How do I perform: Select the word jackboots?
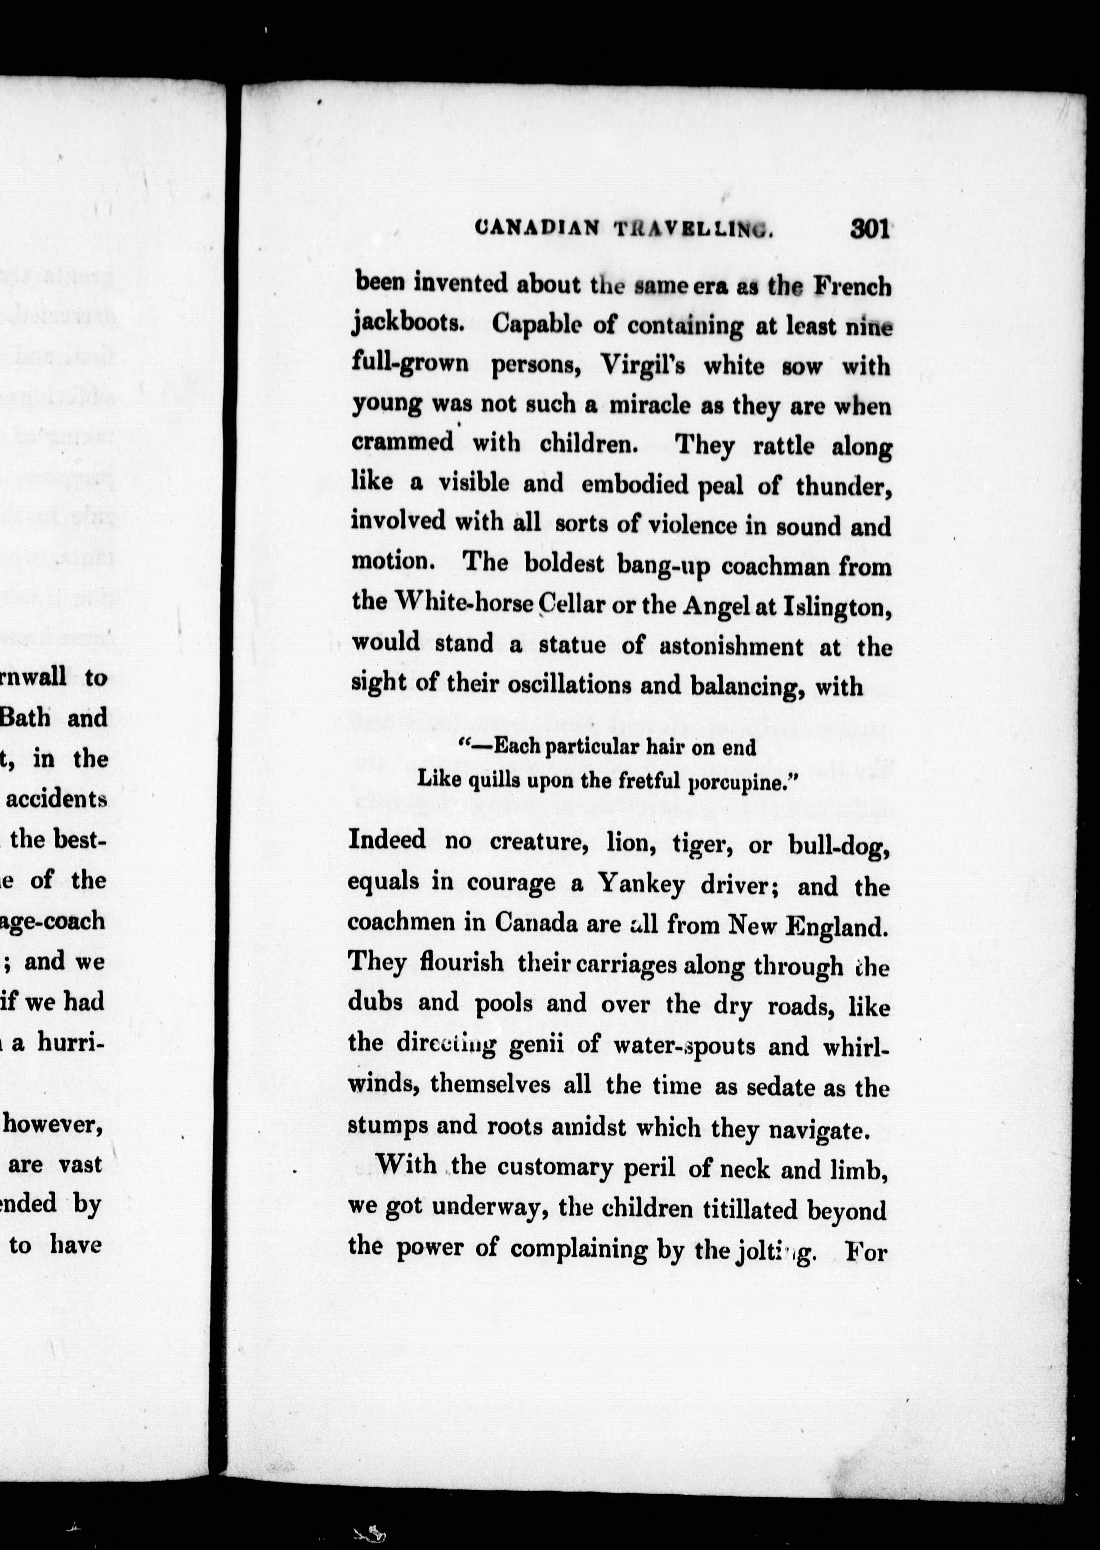pos(408,325)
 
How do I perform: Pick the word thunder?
pos(843,486)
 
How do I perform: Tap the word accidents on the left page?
pos(58,799)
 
